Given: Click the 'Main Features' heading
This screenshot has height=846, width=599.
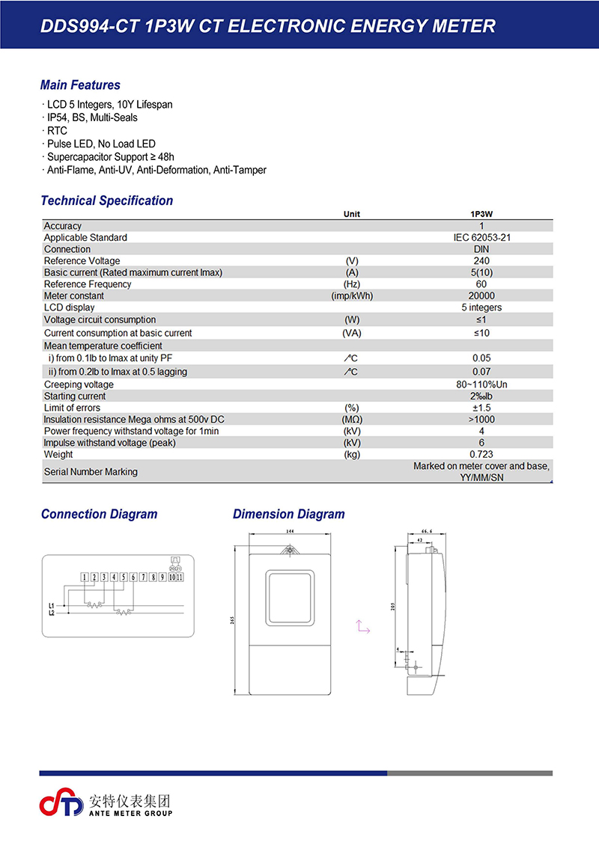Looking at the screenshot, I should (80, 85).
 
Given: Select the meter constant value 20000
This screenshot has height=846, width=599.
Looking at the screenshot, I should (481, 296).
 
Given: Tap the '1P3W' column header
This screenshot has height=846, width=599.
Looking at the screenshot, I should (481, 214).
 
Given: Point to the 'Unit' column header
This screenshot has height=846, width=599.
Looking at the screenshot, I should (351, 214).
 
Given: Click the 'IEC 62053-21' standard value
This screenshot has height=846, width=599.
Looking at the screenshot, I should (481, 238).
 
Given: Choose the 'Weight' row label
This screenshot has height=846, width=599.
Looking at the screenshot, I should (58, 455).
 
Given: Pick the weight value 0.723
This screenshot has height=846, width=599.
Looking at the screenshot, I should (481, 455).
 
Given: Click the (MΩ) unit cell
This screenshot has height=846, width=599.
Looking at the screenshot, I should (351, 420).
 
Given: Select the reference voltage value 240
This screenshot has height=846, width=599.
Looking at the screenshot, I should (481, 261).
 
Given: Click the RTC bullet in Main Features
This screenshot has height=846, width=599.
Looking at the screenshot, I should (57, 131).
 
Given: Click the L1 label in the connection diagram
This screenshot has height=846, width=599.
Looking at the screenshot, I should (51, 605).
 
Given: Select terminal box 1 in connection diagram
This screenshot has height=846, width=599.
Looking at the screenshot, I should (85, 577).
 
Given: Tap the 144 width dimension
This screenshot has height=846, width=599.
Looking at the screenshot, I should (288, 530).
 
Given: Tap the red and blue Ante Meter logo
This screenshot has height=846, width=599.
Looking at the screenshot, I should (61, 803).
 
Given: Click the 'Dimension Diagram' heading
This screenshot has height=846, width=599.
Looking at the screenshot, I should (288, 514).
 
